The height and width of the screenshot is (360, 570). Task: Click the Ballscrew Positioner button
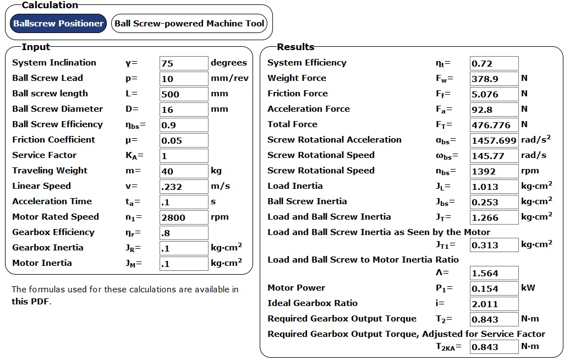pyautogui.click(x=58, y=24)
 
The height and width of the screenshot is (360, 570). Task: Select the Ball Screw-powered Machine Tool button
pyautogui.click(x=190, y=24)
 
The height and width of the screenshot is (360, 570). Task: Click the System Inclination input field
pyautogui.click(x=184, y=63)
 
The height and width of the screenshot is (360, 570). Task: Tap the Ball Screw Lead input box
pyautogui.click(x=184, y=79)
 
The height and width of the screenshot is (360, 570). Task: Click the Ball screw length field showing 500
pyautogui.click(x=184, y=94)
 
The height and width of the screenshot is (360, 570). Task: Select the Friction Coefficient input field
pyautogui.click(x=184, y=140)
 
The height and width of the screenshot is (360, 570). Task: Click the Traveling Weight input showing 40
pyautogui.click(x=184, y=171)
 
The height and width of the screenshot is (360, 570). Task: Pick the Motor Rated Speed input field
pyautogui.click(x=184, y=217)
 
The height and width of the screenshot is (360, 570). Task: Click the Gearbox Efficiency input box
pyautogui.click(x=184, y=233)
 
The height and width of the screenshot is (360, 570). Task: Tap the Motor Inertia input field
pyautogui.click(x=184, y=264)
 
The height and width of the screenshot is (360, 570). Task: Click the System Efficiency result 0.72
pyautogui.click(x=494, y=63)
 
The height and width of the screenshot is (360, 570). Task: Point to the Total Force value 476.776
pyautogui.click(x=494, y=125)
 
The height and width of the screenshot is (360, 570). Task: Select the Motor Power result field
pyautogui.click(x=494, y=288)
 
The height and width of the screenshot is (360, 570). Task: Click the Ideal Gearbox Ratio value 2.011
pyautogui.click(x=494, y=304)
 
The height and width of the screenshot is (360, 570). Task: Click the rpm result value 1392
pyautogui.click(x=494, y=171)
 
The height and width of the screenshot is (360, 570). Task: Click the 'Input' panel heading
pyautogui.click(x=35, y=47)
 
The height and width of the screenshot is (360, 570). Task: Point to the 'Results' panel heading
pyautogui.click(x=295, y=47)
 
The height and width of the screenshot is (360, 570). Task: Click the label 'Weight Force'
pyautogui.click(x=297, y=78)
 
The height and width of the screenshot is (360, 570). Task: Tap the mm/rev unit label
pyautogui.click(x=229, y=78)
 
